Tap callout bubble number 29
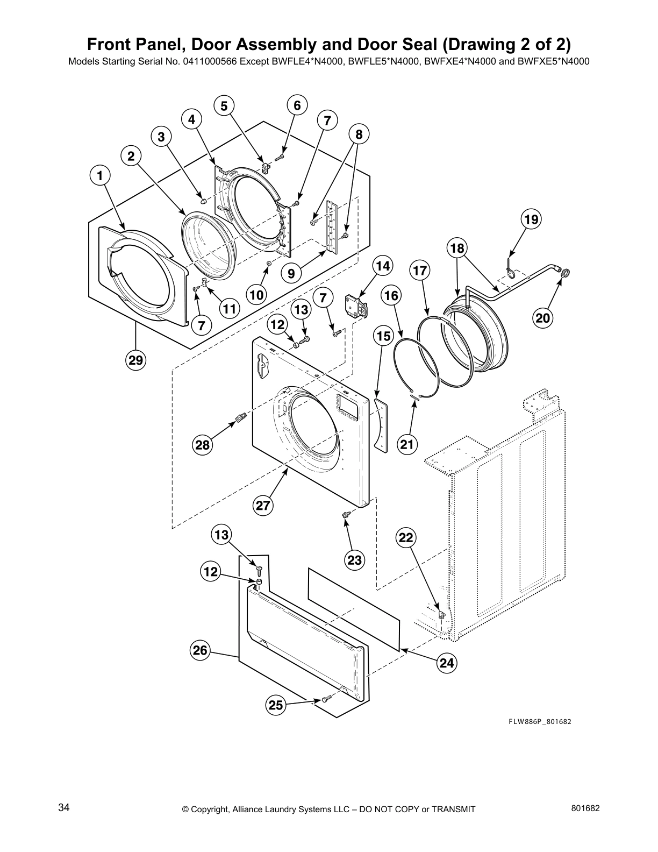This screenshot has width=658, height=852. pos(135,360)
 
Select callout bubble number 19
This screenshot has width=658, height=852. pos(531,219)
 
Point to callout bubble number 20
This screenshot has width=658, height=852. pos(543,318)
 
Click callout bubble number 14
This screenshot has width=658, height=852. pos(382,266)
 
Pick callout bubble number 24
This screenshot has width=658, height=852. pos(447,663)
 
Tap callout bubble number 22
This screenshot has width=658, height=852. pos(406,537)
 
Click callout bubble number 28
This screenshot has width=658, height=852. pos(203,445)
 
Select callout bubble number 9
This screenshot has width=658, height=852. pos(291,273)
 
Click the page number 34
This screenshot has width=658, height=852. pos(64,807)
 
